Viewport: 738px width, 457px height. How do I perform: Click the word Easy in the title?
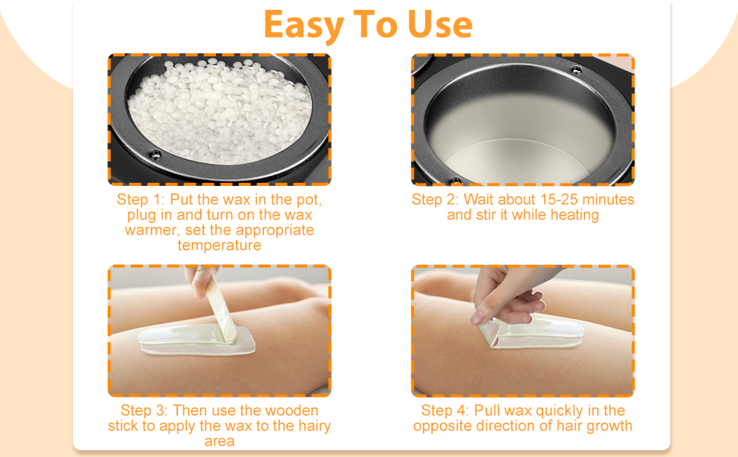click(303, 25)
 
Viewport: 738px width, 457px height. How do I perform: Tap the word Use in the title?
click(440, 24)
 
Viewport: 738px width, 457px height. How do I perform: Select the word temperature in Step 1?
click(219, 245)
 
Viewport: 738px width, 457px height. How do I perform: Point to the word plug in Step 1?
click(142, 216)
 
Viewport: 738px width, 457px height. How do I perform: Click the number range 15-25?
click(559, 200)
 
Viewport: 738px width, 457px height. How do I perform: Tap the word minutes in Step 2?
click(608, 200)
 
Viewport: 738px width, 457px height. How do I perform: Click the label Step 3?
click(144, 411)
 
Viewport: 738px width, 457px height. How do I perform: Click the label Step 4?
click(445, 411)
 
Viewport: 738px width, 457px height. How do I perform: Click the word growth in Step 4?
click(608, 427)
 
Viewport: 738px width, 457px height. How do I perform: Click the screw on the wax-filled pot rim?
click(155, 154)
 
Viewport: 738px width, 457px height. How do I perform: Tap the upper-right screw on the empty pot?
click(576, 70)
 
